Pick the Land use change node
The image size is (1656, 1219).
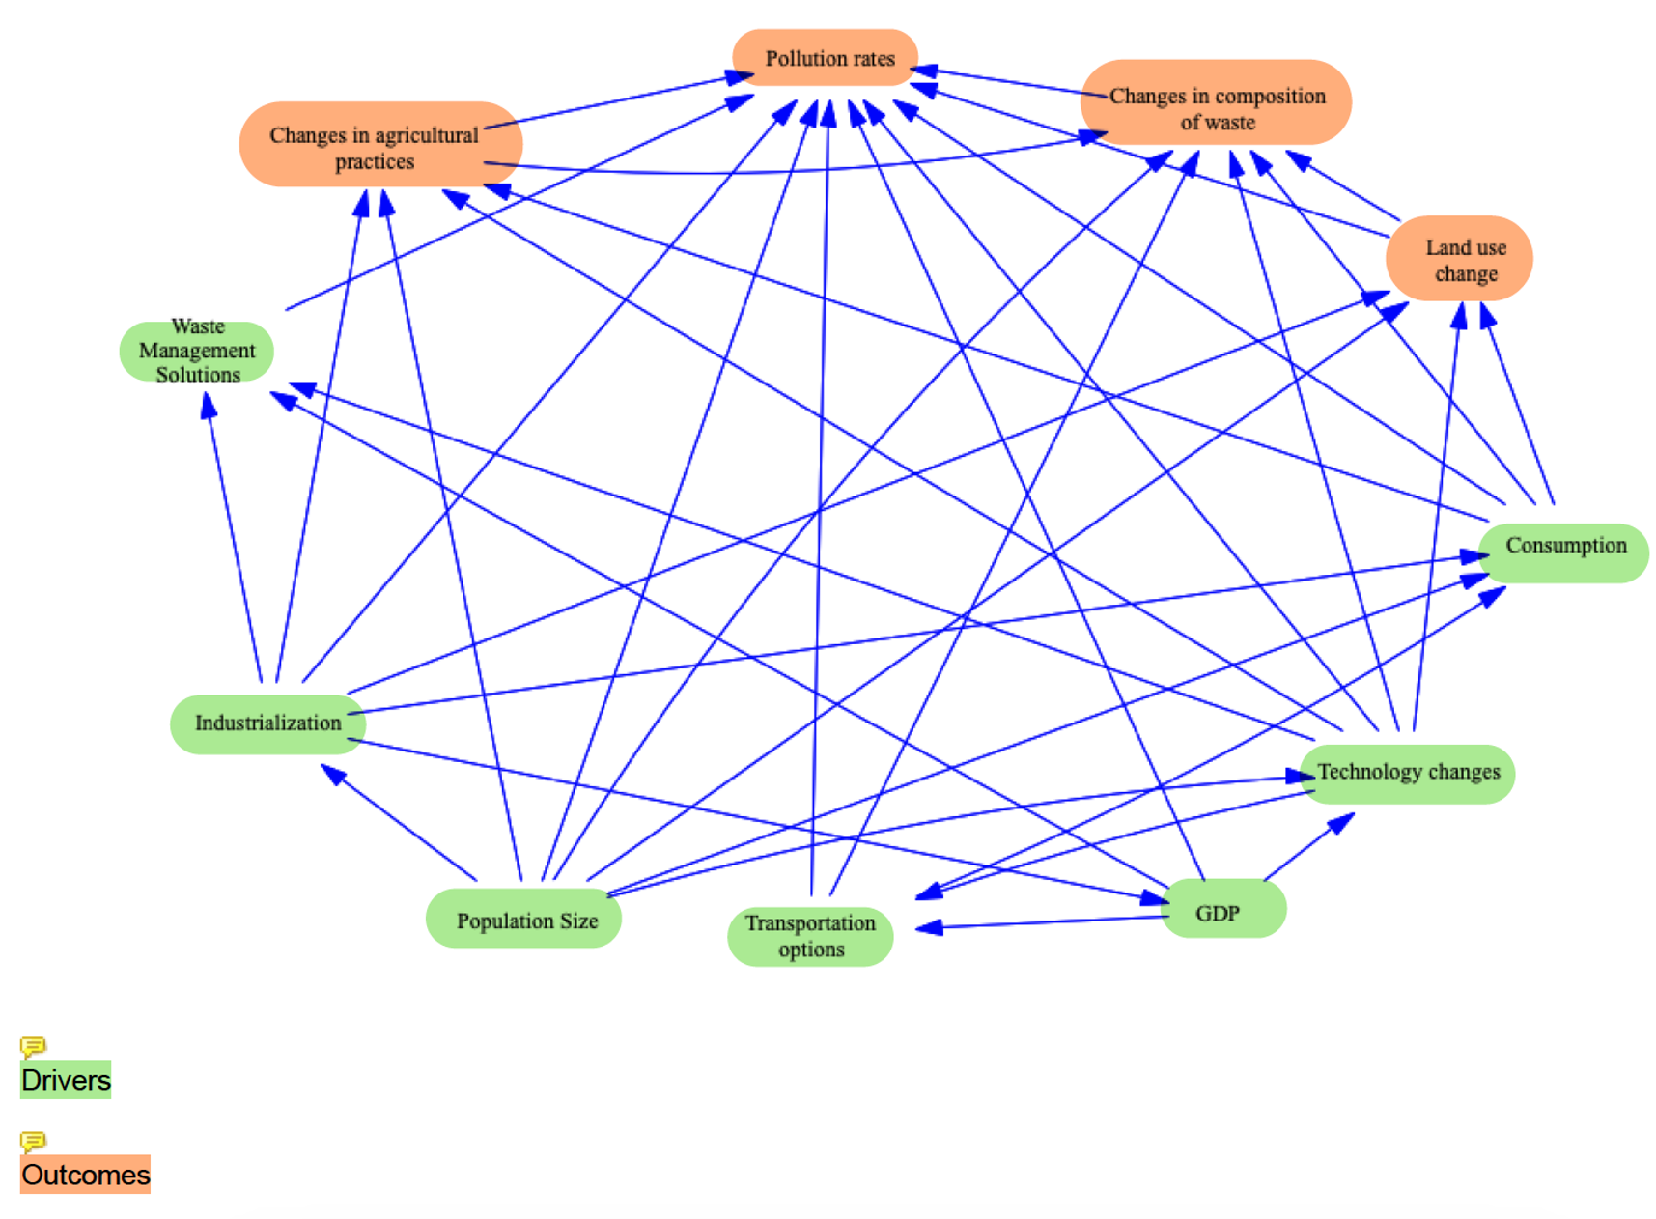click(1459, 259)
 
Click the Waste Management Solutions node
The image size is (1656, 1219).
click(197, 351)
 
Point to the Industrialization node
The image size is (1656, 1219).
click(267, 723)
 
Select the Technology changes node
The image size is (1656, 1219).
click(1408, 774)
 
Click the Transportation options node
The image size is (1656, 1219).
click(810, 936)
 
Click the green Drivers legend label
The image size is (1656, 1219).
click(66, 1079)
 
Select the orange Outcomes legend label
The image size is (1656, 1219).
click(85, 1174)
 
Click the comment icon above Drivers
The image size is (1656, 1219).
click(33, 1046)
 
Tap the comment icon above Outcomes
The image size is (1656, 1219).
click(33, 1141)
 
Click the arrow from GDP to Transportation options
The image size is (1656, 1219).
click(1043, 922)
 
